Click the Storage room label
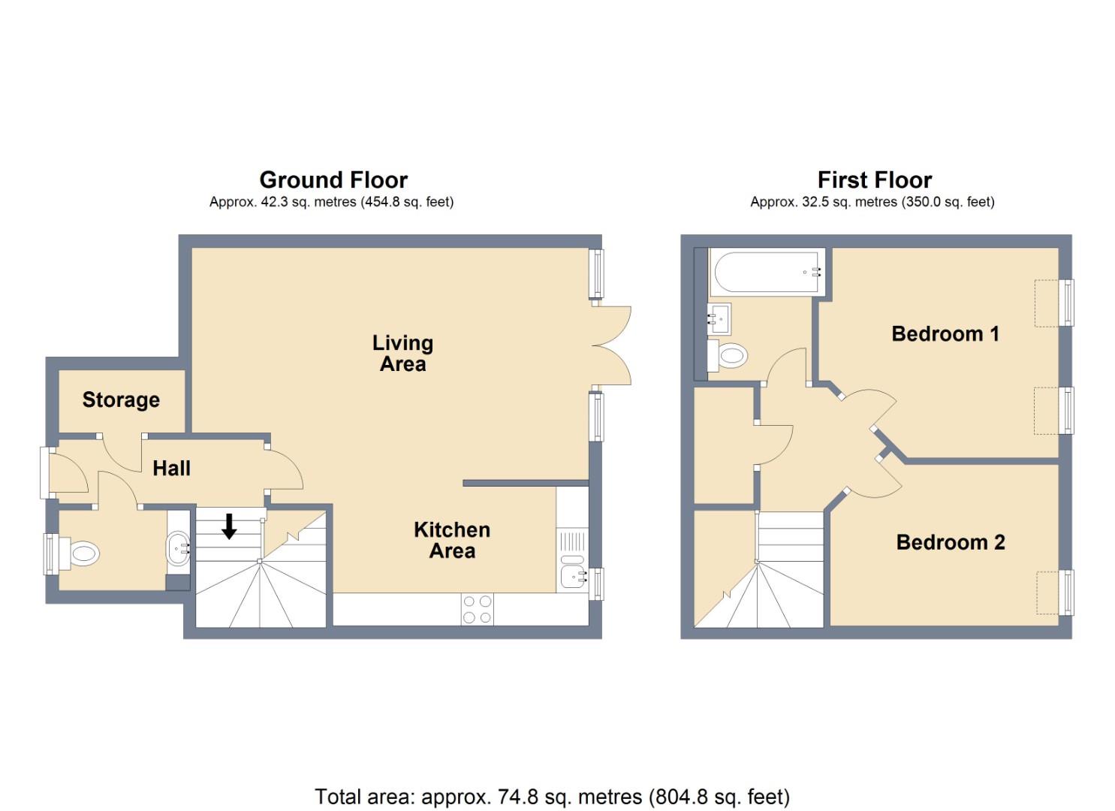coord(121,399)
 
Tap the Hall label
coord(171,469)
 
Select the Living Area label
coord(402,354)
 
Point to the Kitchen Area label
coord(452,540)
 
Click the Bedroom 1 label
coord(945,333)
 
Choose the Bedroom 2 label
coord(950,542)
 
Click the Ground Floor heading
coord(333,180)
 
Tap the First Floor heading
coord(874,180)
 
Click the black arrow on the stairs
coord(229,527)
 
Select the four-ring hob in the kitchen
coord(477,609)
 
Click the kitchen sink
coord(573,577)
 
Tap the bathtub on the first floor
coord(767,273)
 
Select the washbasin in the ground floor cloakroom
coord(179,548)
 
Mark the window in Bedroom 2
coord(1066,592)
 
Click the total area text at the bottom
coord(552,797)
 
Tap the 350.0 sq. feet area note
coord(945,202)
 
